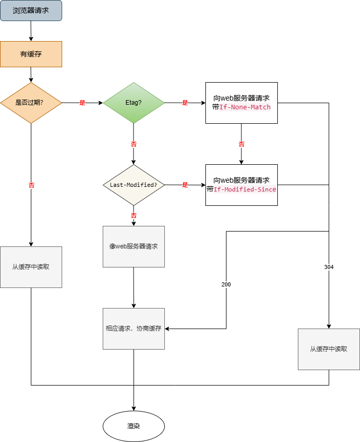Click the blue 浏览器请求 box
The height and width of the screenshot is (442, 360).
[x=31, y=10]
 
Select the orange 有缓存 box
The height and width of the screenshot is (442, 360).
[x=31, y=54]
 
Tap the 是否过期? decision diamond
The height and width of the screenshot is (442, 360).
[x=31, y=103]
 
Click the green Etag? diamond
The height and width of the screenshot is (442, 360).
[x=134, y=103]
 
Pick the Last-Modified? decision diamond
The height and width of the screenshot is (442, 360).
[x=134, y=185]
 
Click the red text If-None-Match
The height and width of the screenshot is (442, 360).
[x=245, y=107]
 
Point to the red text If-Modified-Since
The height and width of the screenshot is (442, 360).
[x=245, y=189]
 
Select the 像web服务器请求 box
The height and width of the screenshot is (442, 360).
[x=134, y=246]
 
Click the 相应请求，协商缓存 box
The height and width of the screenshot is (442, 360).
[x=134, y=329]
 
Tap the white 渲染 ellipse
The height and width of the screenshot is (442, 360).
[x=134, y=426]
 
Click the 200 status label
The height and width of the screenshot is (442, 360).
[x=226, y=284]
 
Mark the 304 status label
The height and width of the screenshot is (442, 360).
[x=329, y=267]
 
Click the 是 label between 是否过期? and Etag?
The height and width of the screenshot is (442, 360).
[x=82, y=103]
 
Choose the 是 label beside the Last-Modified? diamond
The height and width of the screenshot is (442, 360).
[x=185, y=185]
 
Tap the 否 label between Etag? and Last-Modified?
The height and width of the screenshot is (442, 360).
[x=134, y=144]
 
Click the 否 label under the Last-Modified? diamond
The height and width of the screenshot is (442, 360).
[x=134, y=216]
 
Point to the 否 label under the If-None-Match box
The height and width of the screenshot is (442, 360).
[x=241, y=144]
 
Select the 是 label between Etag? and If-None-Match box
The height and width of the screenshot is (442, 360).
[x=185, y=103]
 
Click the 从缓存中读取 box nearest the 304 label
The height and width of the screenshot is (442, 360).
[x=329, y=349]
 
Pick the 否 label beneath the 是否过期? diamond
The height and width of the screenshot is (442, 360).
[x=31, y=185]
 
